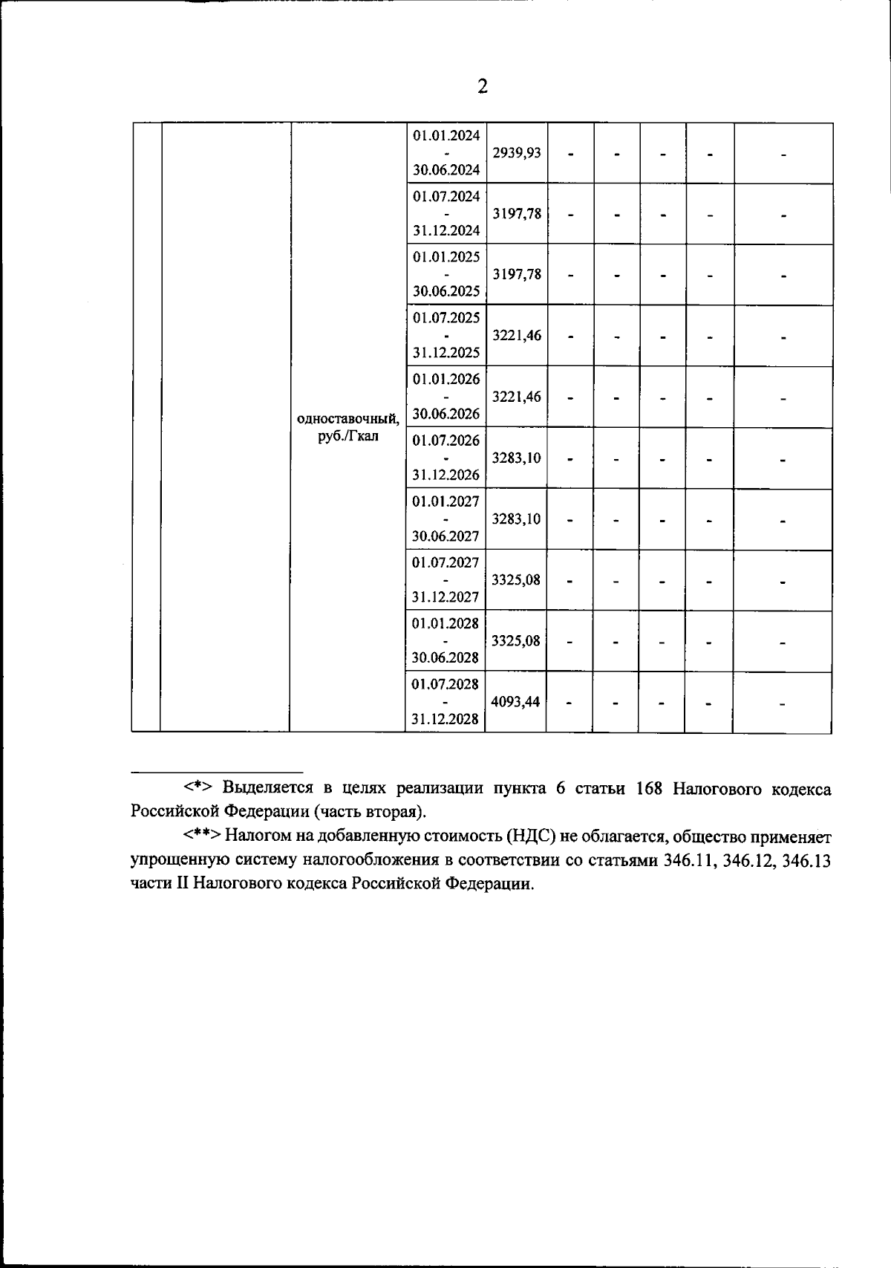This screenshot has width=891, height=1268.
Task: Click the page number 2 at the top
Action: point(483,87)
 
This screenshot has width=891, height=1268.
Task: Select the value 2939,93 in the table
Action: point(516,153)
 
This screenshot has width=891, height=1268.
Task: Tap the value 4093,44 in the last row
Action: point(515,701)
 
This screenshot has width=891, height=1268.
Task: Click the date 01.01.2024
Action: point(446,135)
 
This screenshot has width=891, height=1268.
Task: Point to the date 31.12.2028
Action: point(446,719)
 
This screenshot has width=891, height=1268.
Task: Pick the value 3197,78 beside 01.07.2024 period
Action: point(516,214)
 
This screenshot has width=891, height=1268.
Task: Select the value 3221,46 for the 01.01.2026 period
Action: point(516,397)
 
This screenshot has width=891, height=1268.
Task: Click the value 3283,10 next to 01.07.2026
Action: point(516,458)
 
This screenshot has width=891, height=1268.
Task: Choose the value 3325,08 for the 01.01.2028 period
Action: point(515,640)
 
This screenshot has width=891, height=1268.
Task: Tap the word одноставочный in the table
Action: point(347,419)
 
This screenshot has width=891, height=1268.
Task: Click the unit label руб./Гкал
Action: point(347,437)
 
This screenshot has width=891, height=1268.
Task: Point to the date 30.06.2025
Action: point(446,291)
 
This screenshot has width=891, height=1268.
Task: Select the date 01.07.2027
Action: point(446,562)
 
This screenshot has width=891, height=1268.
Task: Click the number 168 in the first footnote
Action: point(649,788)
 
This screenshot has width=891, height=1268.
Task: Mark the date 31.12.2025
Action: point(446,353)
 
